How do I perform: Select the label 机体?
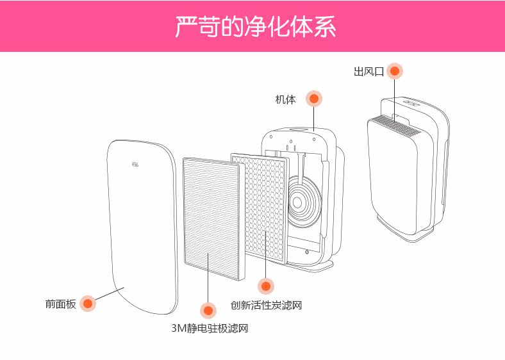[286, 99]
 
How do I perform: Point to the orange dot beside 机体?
[313, 99]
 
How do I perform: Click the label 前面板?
[60, 304]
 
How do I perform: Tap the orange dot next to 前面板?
[88, 303]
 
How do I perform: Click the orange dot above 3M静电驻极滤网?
[207, 311]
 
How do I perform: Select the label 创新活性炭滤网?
[266, 306]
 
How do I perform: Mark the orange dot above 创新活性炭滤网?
[265, 286]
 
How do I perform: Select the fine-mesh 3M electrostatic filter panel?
[211, 218]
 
